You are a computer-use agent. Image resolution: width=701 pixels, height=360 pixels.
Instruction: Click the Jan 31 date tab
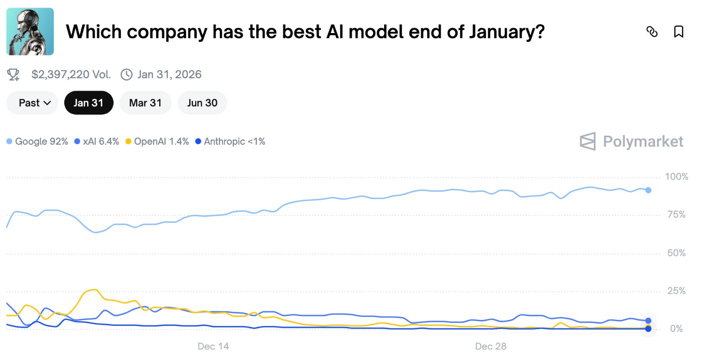tap(89, 103)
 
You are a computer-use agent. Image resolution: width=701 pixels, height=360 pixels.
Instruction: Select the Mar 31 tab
tap(145, 103)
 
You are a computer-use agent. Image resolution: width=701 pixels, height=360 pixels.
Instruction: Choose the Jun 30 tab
tap(202, 103)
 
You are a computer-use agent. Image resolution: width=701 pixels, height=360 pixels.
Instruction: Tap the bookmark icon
tap(678, 32)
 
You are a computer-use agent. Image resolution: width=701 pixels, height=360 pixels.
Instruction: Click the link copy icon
tap(652, 32)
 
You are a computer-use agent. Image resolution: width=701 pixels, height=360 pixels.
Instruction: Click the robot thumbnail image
tap(30, 32)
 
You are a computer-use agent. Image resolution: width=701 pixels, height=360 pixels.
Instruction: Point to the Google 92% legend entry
tap(38, 142)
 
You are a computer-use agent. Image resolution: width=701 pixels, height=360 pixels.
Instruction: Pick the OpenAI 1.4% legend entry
tap(157, 142)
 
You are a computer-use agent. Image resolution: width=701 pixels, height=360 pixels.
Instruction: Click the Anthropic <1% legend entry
tap(230, 142)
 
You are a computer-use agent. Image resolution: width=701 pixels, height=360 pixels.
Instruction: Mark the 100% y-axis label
tap(676, 177)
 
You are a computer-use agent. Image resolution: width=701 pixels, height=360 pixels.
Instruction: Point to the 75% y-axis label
tap(676, 215)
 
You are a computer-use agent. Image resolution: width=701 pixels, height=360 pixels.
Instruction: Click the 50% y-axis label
tap(676, 253)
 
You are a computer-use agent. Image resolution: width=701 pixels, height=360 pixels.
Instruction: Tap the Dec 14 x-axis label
tap(213, 346)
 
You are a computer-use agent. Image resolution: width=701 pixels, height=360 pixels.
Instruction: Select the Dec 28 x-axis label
tap(491, 346)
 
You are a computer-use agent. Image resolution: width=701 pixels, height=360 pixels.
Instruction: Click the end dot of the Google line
tap(648, 190)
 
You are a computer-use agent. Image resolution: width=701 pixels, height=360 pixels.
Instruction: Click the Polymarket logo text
tap(643, 142)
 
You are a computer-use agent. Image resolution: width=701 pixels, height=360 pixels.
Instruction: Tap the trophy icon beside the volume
tap(13, 75)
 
